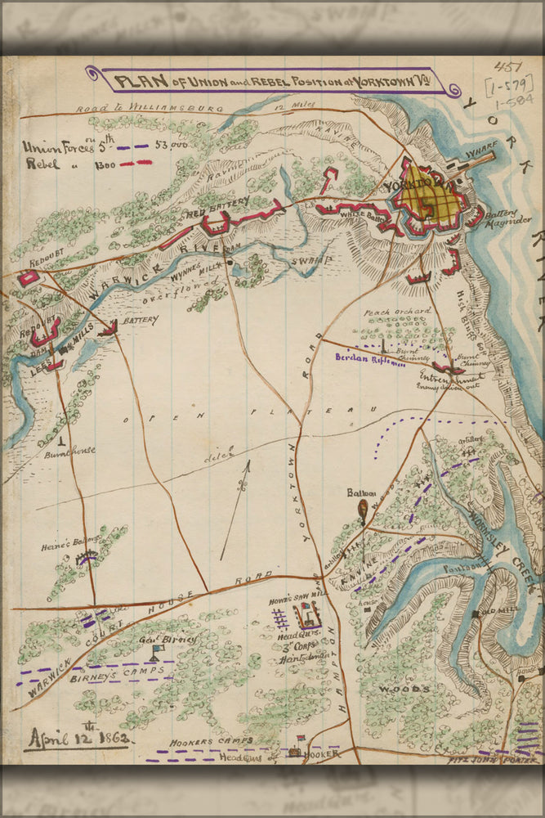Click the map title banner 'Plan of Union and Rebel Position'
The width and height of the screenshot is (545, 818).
point(270,82)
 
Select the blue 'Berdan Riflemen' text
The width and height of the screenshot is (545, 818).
point(369,358)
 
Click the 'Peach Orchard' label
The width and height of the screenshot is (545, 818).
point(399,312)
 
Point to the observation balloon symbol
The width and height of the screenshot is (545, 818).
point(362,510)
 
